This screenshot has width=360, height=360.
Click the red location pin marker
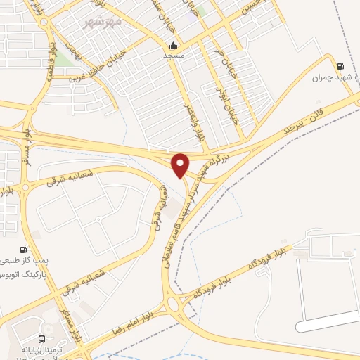click(x=181, y=165)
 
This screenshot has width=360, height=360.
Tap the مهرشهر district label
click(x=103, y=22)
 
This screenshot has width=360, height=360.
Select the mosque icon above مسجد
click(x=174, y=44)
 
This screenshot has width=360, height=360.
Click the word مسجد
click(x=174, y=55)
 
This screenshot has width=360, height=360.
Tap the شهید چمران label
click(x=330, y=77)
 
